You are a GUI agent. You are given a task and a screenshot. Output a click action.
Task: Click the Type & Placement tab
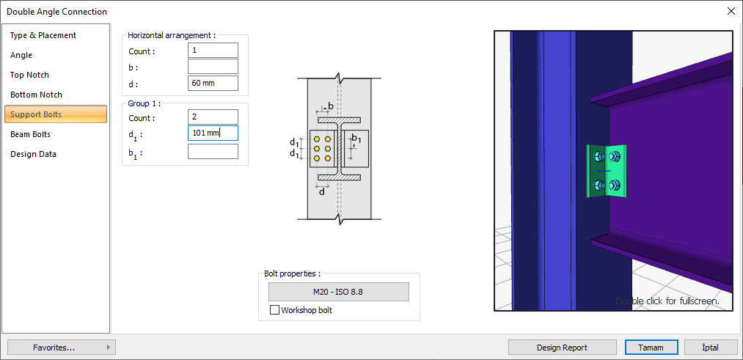point(43,35)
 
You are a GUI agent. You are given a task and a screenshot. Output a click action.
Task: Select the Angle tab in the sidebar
point(21,55)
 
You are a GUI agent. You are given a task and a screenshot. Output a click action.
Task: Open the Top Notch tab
point(29,75)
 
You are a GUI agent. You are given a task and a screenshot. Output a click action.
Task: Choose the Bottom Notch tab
point(36,95)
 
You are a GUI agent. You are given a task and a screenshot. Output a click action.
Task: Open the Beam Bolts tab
point(30,134)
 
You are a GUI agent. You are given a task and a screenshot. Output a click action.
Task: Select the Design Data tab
point(33,154)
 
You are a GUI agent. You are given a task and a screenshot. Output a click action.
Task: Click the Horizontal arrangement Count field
point(213,51)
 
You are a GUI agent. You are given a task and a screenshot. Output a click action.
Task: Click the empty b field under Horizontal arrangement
point(213,67)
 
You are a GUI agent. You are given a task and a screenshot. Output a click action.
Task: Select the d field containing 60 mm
point(213,83)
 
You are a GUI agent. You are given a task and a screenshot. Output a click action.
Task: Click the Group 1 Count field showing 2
point(213,117)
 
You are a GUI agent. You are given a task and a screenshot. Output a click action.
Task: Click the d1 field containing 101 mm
point(213,133)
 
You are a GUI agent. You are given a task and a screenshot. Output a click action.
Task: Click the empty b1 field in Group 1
point(213,152)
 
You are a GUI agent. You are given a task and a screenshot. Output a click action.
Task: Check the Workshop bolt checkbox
point(275,310)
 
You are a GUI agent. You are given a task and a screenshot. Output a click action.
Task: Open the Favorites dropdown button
point(61,348)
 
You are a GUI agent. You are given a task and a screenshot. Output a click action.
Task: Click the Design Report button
point(563,348)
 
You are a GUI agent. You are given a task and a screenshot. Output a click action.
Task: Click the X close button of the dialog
point(731,11)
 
